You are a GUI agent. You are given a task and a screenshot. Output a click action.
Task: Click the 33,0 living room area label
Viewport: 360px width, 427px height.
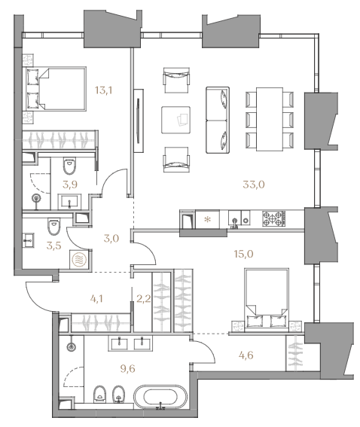point(254,185)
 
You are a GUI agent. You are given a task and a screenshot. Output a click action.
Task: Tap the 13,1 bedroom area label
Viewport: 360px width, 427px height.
point(103,90)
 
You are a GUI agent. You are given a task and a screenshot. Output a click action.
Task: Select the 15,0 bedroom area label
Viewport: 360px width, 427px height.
point(243,254)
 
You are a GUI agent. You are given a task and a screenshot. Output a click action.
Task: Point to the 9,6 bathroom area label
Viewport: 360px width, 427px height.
point(127,369)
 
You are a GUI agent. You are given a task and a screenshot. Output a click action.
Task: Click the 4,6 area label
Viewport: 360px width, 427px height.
point(246,355)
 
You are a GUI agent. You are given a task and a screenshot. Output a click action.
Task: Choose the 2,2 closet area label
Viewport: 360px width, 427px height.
point(144,299)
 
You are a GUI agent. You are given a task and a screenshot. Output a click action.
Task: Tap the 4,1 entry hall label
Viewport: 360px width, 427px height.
point(96,299)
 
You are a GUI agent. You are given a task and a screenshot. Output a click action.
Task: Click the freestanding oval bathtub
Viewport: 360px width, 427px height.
point(160,397)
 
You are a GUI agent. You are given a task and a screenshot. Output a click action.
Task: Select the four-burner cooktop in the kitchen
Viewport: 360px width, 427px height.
point(274,218)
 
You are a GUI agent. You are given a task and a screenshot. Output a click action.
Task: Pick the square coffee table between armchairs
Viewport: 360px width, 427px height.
point(175,120)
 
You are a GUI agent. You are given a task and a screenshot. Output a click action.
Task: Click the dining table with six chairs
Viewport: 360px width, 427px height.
point(270,119)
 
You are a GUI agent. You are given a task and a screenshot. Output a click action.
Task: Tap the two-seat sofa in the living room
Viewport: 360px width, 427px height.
point(218,120)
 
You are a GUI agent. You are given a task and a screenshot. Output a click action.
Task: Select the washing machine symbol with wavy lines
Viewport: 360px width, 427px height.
point(78,259)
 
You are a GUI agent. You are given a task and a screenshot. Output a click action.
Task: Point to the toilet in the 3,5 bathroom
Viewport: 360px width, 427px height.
point(54,226)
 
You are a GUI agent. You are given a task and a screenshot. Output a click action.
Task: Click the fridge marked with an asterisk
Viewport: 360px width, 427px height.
point(208,219)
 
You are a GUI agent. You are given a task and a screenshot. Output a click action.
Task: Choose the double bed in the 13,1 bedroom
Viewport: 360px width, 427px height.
point(56,89)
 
